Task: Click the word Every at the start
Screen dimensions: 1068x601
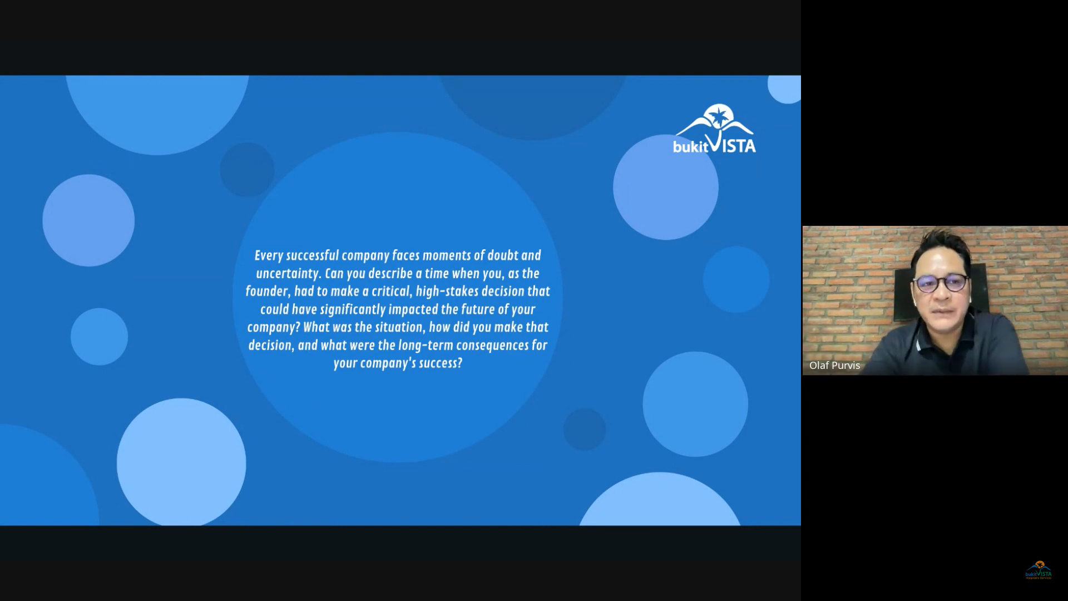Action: [x=269, y=256]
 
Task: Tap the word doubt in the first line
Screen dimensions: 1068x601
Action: [x=503, y=255]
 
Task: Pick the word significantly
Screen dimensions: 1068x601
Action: [x=353, y=310]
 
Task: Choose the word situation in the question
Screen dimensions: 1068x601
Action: [x=399, y=327]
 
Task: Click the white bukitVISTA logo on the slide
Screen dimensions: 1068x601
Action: [x=714, y=129]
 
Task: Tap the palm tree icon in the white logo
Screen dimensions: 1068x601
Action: [x=718, y=116]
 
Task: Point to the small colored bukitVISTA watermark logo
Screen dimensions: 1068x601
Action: [x=1039, y=570]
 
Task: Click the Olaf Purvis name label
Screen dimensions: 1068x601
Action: [x=834, y=366]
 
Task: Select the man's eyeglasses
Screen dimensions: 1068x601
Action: [x=941, y=283]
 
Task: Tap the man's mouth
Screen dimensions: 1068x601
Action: [x=939, y=309]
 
